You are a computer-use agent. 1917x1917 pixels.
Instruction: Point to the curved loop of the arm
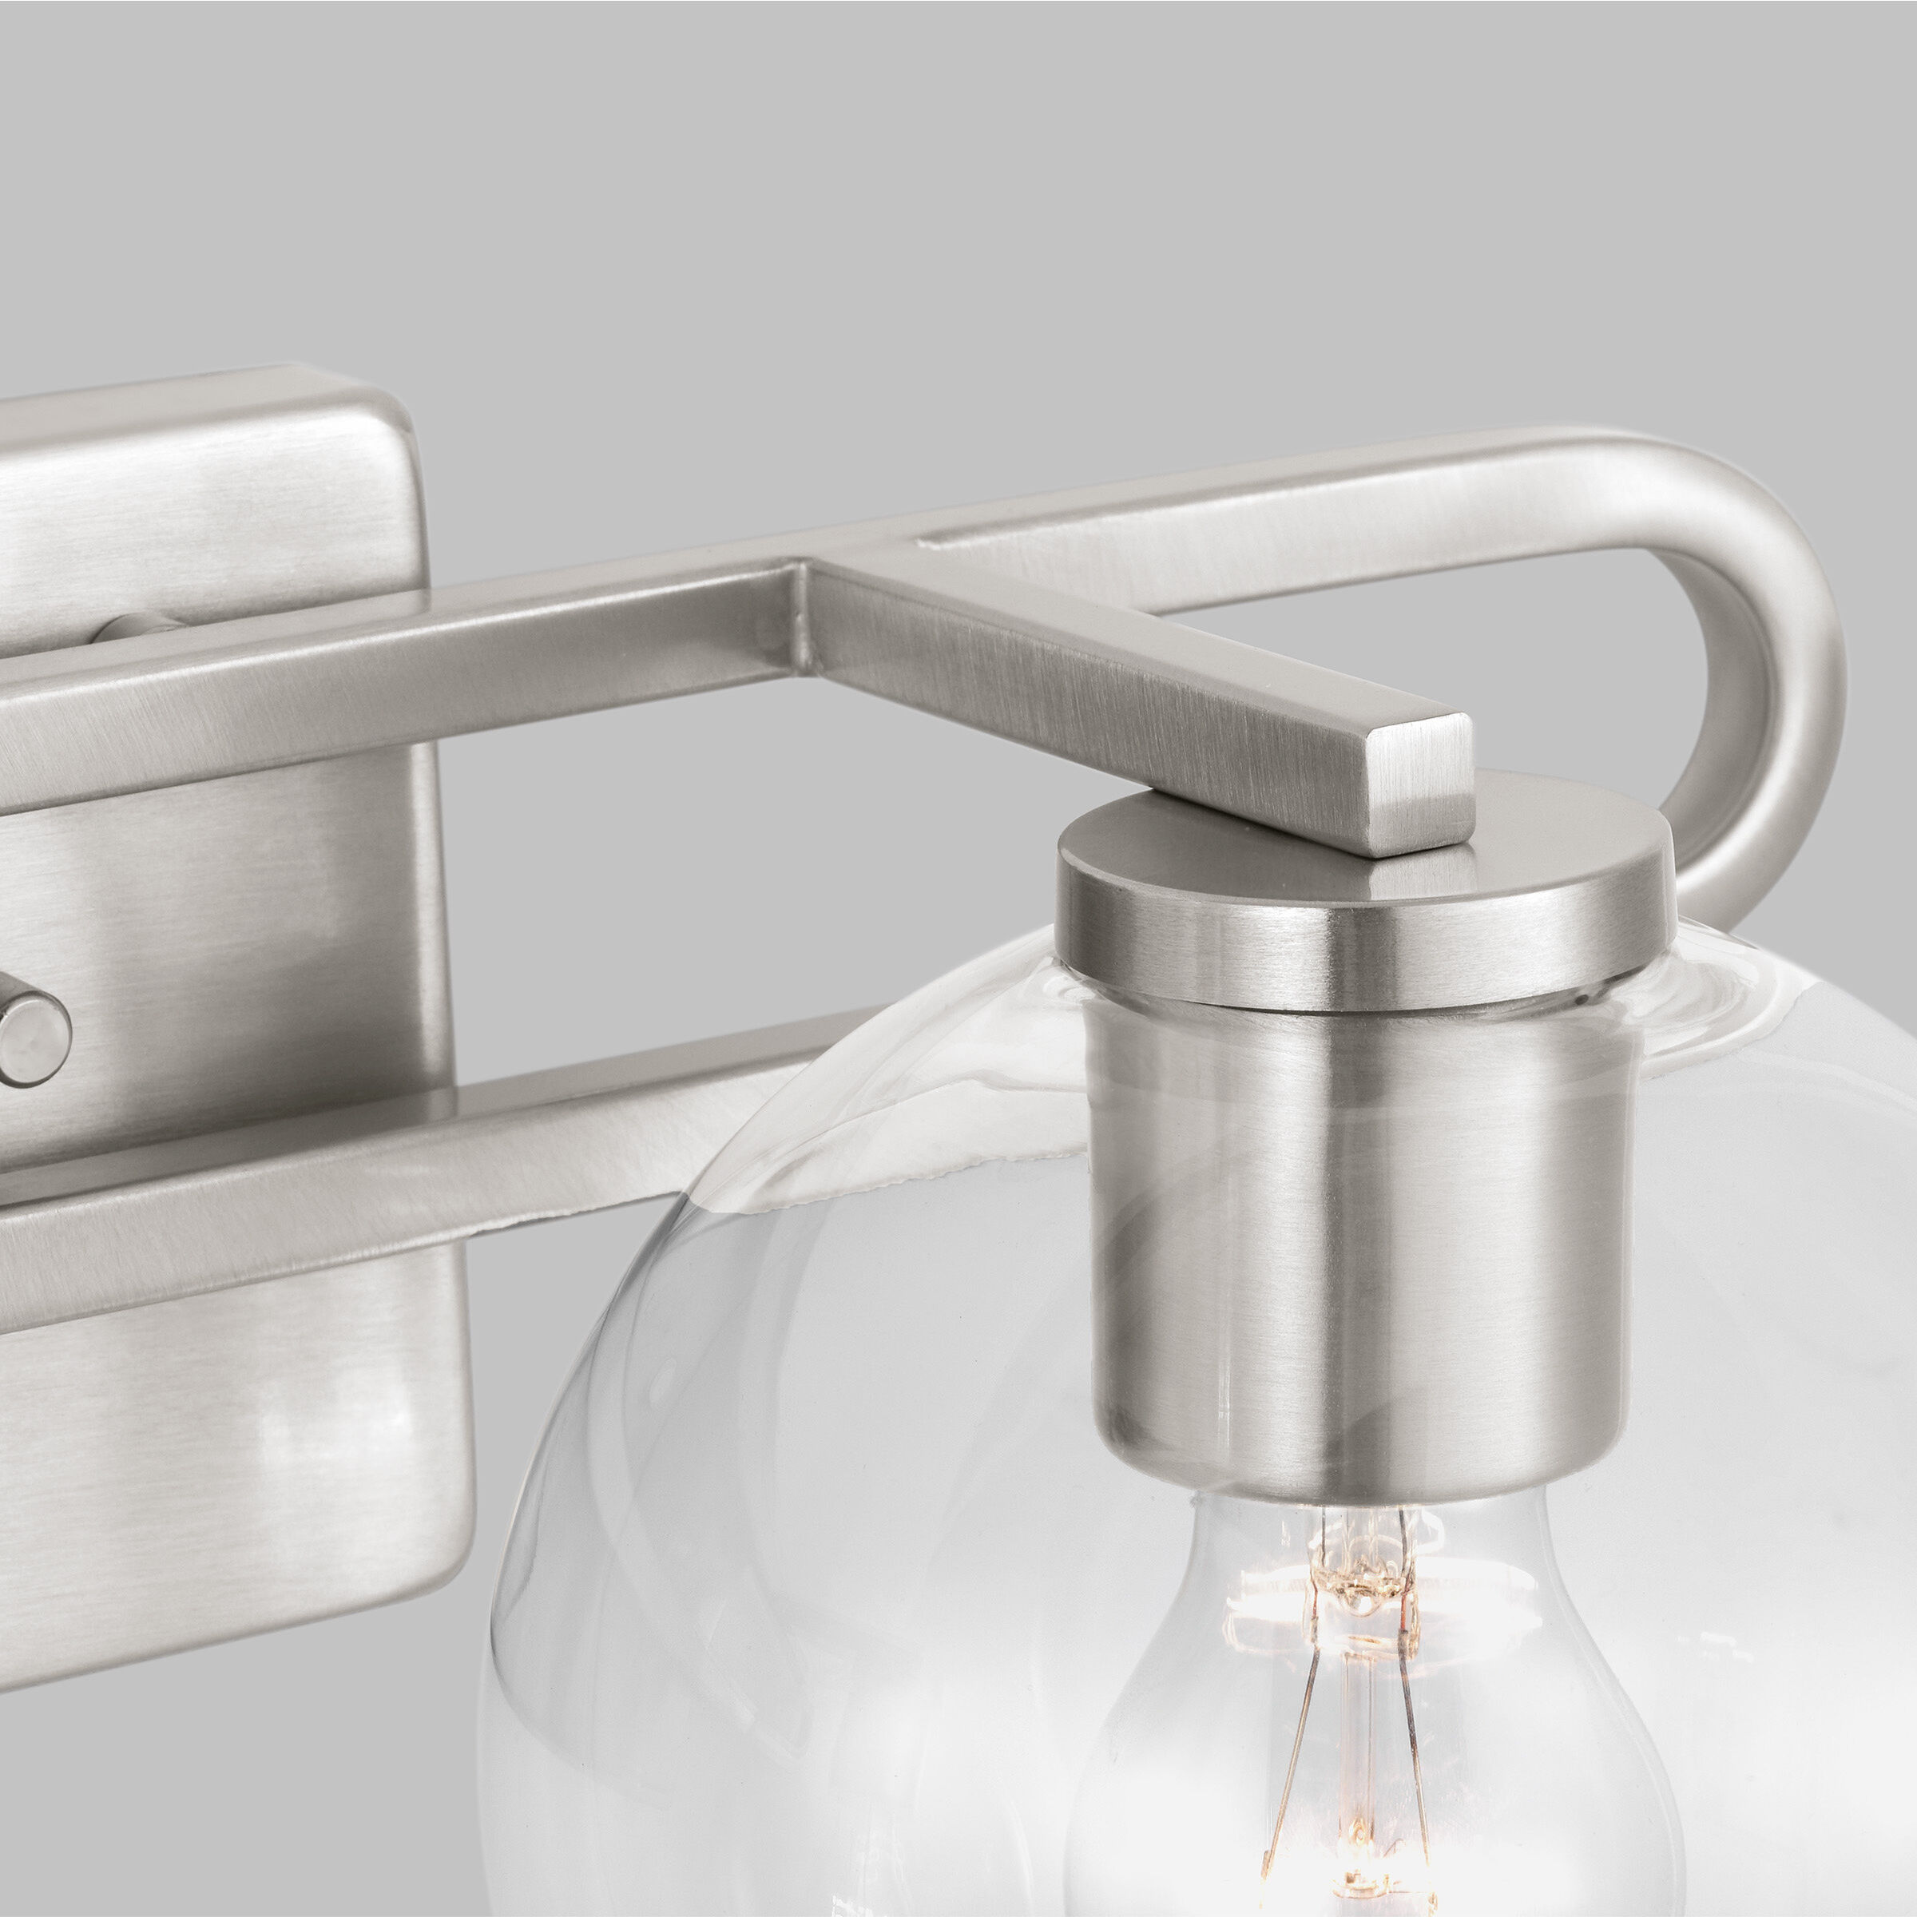coord(1776,635)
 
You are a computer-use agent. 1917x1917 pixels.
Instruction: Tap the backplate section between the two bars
coord(248,913)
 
